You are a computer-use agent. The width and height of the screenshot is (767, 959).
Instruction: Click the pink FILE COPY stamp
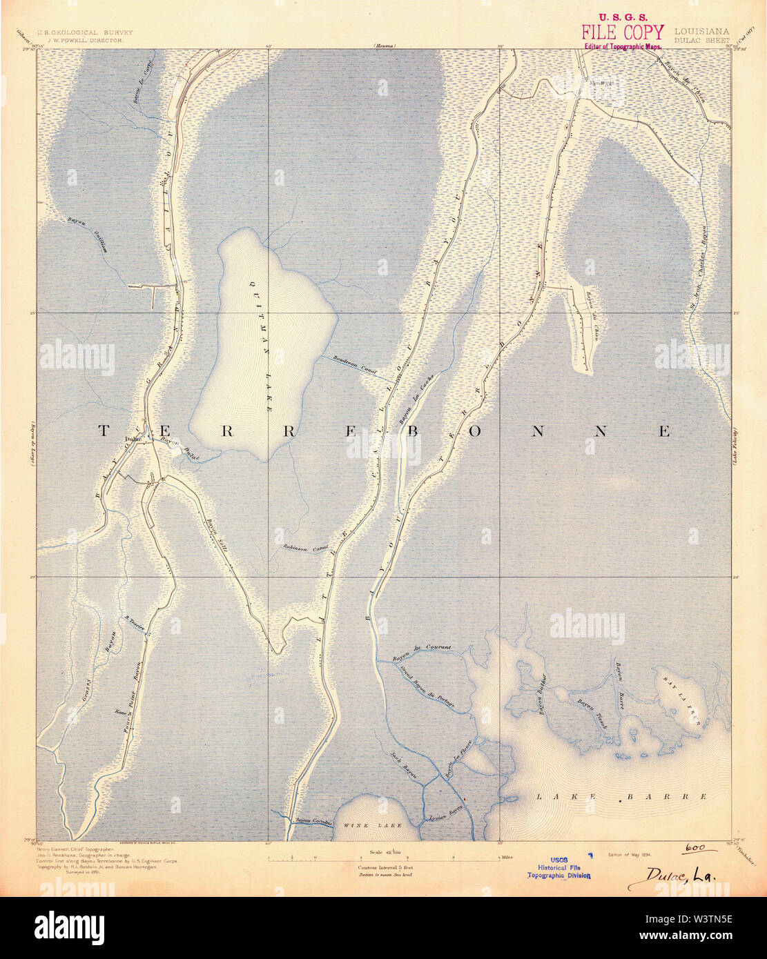click(622, 32)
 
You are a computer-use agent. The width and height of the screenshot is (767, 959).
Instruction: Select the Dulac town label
click(133, 439)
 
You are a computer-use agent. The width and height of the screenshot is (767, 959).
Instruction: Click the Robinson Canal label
click(304, 547)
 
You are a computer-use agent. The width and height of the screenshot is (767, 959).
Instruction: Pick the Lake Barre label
click(621, 796)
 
